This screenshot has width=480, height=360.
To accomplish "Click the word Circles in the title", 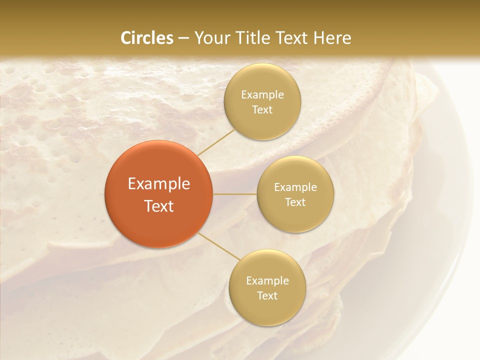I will (146, 38).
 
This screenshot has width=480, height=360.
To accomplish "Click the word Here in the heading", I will (332, 38).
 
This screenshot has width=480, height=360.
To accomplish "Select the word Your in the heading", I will (210, 38).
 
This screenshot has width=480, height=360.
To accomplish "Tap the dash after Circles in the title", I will (183, 38).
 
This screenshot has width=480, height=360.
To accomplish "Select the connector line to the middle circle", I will (235, 194).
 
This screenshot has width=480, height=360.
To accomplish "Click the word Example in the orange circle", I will (159, 184).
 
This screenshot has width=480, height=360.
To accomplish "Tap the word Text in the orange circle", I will (159, 206).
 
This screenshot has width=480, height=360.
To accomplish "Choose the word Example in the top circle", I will (262, 95).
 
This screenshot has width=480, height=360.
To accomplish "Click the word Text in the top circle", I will (262, 109).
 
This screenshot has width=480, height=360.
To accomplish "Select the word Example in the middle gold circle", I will (295, 187).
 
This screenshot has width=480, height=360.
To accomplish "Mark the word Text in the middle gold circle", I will (295, 202).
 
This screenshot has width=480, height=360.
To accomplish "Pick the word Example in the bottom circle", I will (267, 281).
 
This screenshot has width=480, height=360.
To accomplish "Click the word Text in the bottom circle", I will (267, 295).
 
